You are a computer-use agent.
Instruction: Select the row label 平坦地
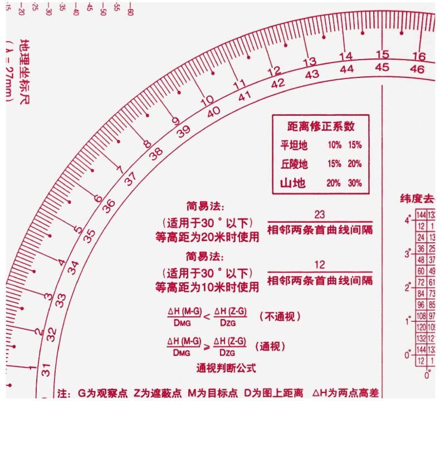[294, 145]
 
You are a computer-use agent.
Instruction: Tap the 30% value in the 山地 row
[355, 183]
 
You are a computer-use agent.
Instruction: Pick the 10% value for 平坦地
[334, 145]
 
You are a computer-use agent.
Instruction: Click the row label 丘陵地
[294, 164]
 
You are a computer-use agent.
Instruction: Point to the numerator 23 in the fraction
[320, 214]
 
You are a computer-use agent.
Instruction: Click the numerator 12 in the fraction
[320, 265]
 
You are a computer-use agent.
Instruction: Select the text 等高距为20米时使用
[207, 237]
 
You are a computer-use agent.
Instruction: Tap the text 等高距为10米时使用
[207, 287]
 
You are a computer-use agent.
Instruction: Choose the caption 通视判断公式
[226, 368]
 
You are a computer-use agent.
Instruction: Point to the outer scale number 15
[382, 55]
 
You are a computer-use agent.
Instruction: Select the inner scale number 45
[382, 67]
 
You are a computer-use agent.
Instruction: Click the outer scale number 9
[175, 121]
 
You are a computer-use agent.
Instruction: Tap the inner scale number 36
[109, 205]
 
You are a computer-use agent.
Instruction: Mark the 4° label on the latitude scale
[408, 219]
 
